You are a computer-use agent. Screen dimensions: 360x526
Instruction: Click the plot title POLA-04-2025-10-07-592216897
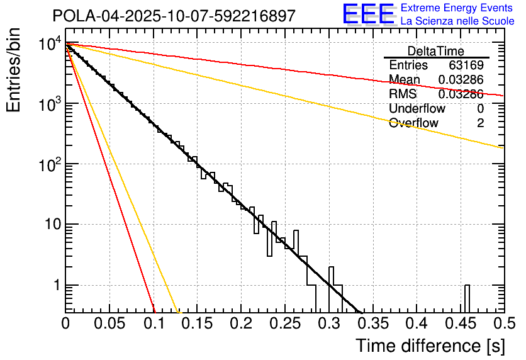click(174, 16)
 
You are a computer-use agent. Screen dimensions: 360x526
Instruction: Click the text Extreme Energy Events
click(457, 8)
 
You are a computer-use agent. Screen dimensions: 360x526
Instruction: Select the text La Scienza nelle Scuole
click(457, 21)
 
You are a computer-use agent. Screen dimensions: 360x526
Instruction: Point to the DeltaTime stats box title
click(435, 51)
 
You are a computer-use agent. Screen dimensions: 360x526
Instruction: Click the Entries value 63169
click(466, 65)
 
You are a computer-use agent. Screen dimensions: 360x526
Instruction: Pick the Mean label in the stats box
click(405, 79)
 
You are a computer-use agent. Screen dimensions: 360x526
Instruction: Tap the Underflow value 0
click(480, 109)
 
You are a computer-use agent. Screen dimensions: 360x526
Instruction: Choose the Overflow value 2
click(480, 123)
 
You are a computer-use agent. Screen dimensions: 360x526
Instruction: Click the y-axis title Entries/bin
click(14, 70)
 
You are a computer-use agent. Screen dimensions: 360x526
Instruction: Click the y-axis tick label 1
click(55, 285)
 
